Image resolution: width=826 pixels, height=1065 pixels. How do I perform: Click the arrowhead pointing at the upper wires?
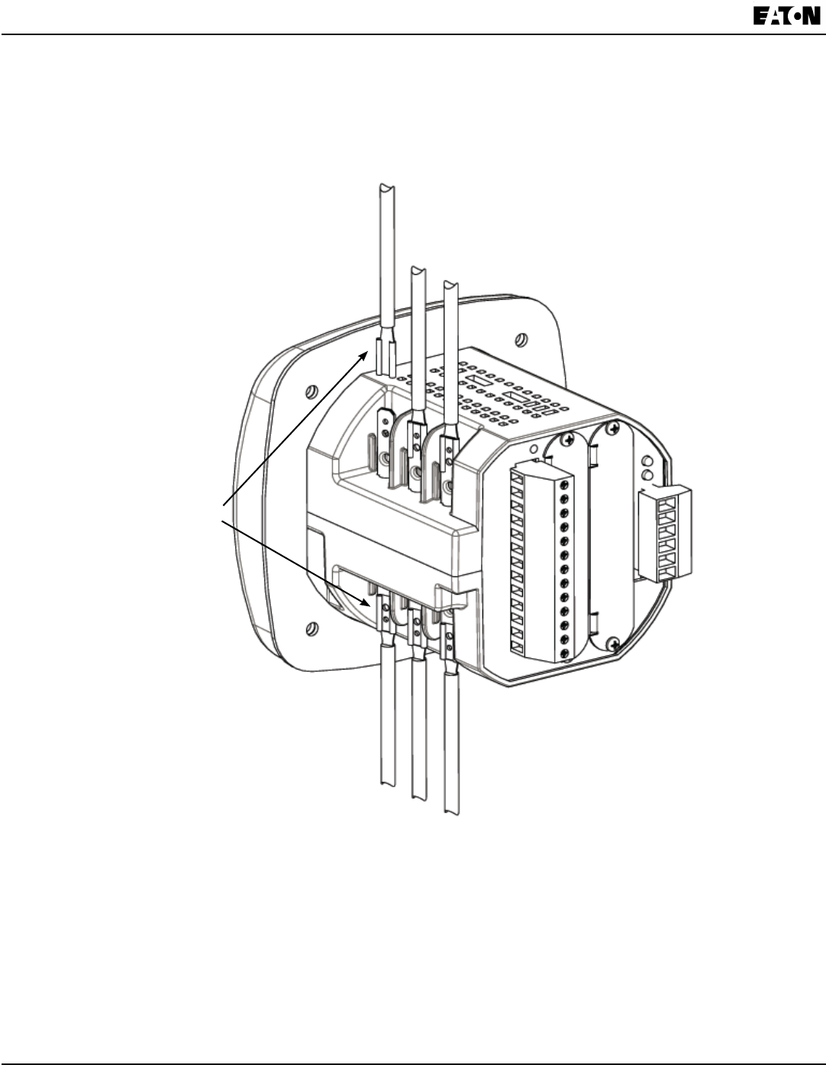(363, 356)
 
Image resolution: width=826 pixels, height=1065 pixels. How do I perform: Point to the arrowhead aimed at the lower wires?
(364, 602)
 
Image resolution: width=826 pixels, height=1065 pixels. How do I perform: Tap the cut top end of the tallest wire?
(388, 188)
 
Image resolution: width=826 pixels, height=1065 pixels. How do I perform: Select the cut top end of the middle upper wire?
(418, 270)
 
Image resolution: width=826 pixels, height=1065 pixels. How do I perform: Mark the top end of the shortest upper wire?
(450, 284)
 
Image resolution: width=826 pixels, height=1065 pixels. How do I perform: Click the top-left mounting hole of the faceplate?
(311, 392)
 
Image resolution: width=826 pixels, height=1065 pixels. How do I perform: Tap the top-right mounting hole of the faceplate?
(521, 339)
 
